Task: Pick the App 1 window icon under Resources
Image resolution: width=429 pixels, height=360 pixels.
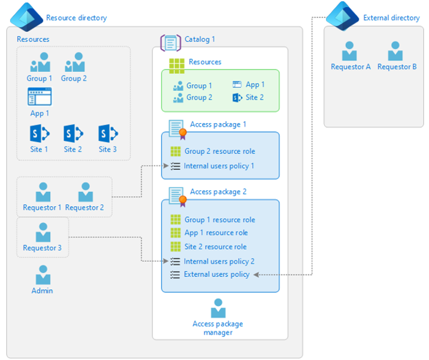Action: point(39,97)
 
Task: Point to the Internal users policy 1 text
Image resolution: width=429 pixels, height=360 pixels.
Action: point(219,166)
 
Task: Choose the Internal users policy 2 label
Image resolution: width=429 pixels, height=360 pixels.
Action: point(219,261)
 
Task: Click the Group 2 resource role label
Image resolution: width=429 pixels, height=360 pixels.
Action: point(219,151)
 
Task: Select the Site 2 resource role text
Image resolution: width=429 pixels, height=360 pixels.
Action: point(215,246)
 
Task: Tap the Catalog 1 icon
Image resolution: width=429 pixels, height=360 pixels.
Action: point(170,42)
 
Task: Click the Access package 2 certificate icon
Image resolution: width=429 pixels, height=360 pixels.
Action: point(177,195)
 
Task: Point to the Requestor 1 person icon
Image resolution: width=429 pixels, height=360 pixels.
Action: point(42,192)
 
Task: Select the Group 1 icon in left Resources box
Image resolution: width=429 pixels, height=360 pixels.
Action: point(39,62)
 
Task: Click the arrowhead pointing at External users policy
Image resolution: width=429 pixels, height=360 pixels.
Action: point(256,275)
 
